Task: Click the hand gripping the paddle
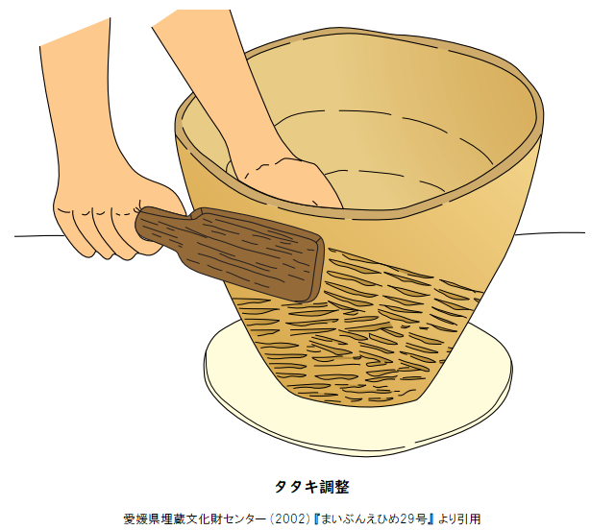click(113, 220)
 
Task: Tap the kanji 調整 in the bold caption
click(333, 487)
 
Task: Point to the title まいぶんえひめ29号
click(374, 519)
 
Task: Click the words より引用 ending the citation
click(459, 519)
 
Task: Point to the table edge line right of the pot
click(549, 233)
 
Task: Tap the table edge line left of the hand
click(38, 236)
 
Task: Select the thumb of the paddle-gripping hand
click(157, 196)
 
